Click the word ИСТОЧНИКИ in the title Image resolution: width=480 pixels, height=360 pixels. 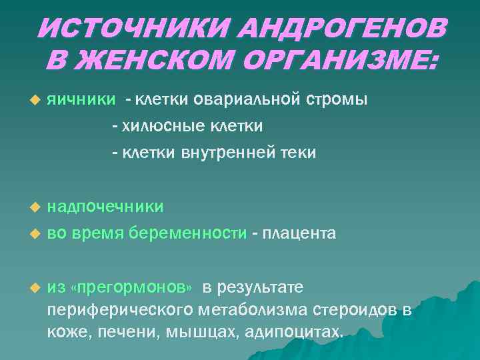129,28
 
